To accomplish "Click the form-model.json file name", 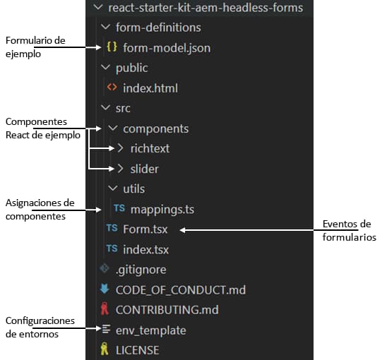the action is coord(167,48).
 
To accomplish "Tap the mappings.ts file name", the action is coord(162,210).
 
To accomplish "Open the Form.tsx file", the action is coord(145,229).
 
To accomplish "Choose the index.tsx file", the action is coord(146,250).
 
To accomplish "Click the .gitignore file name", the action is coord(141,270).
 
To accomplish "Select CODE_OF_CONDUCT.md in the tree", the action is coord(181,290).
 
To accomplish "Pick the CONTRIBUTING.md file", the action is coord(167,310).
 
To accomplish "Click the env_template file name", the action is coord(151,330).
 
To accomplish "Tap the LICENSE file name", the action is coord(137,350).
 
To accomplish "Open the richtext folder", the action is coord(150,148).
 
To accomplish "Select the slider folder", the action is coord(144,169).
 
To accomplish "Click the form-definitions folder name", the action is coord(158,28).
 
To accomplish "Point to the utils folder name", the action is coord(133,189).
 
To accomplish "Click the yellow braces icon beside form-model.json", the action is coord(112,47).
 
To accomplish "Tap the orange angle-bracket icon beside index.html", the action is coord(112,87).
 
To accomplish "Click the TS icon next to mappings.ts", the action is coord(119,208).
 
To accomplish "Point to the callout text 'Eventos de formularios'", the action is coord(350,231).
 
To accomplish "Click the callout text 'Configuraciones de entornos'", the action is coord(40,328).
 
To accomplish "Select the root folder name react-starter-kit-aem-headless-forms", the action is coord(206,8).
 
